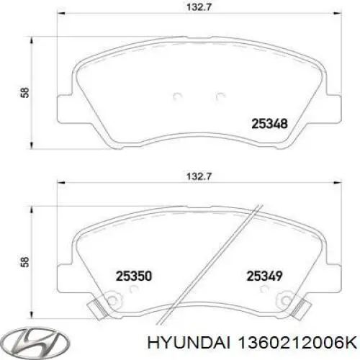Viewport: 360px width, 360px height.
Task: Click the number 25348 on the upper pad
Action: (270, 123)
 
